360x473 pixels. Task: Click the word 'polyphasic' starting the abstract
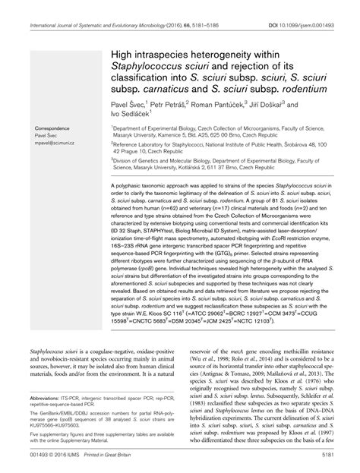tap(134, 186)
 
